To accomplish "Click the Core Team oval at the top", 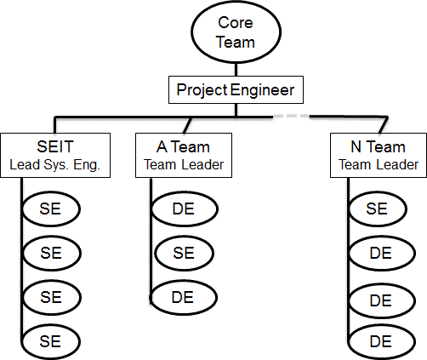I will coord(235,31).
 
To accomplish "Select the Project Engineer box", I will coord(235,89).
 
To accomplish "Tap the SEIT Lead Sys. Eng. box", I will coord(55,155).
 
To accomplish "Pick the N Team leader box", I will coord(379,155).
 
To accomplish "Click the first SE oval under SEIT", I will coord(51,209).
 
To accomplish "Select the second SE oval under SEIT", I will coord(51,253).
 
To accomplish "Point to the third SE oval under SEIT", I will coord(51,297).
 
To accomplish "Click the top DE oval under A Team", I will coord(182,209).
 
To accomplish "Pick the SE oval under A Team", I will coord(182,253).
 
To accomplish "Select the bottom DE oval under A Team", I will coord(182,297).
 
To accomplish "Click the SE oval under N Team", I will coord(379,209).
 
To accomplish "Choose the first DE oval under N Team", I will coord(379,253).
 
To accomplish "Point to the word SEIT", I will coord(55,147).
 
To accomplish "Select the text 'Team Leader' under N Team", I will coord(379,164).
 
